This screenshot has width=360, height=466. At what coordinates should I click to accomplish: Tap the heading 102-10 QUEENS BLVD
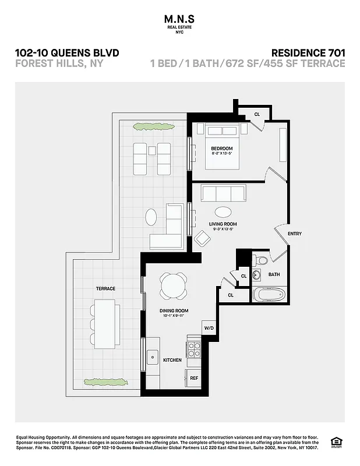(67, 52)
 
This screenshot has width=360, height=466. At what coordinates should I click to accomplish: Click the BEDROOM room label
(221, 149)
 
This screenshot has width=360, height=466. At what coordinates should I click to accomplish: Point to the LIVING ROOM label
(223, 224)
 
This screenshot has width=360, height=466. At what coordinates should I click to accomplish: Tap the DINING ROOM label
(174, 311)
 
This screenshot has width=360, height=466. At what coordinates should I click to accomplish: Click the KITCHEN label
(172, 360)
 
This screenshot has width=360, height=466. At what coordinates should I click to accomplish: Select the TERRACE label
(105, 288)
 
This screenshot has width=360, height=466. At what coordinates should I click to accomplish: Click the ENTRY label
(294, 234)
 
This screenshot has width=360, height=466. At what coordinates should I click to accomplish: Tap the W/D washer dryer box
(209, 329)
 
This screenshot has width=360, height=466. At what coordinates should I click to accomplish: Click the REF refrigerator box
(194, 378)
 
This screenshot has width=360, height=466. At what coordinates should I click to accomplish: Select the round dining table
(174, 285)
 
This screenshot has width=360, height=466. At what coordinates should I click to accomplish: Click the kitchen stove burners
(193, 349)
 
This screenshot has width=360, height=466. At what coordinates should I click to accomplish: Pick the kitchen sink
(152, 355)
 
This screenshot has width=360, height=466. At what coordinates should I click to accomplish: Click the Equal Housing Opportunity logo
(335, 442)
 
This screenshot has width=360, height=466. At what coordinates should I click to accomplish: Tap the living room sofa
(223, 192)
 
